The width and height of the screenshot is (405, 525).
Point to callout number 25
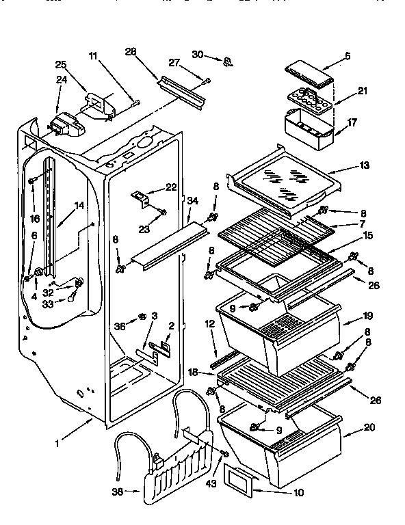pos(61,64)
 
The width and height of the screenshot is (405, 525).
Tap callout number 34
pos(193,200)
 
